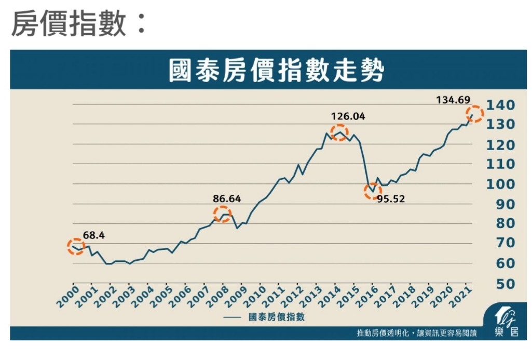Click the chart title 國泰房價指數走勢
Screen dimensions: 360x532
276,71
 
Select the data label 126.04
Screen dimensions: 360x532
348,116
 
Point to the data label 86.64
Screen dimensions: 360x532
227,198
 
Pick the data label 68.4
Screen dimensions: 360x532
94,235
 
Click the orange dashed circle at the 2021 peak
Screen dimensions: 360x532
474,114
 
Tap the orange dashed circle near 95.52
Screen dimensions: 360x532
373,192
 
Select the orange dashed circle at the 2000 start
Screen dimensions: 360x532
76,247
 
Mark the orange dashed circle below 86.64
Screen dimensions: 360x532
223,214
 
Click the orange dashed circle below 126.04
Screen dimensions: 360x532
339,133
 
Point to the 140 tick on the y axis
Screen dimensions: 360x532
501,105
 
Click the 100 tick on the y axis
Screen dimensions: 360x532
501,184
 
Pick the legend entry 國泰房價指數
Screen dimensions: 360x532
277,317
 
